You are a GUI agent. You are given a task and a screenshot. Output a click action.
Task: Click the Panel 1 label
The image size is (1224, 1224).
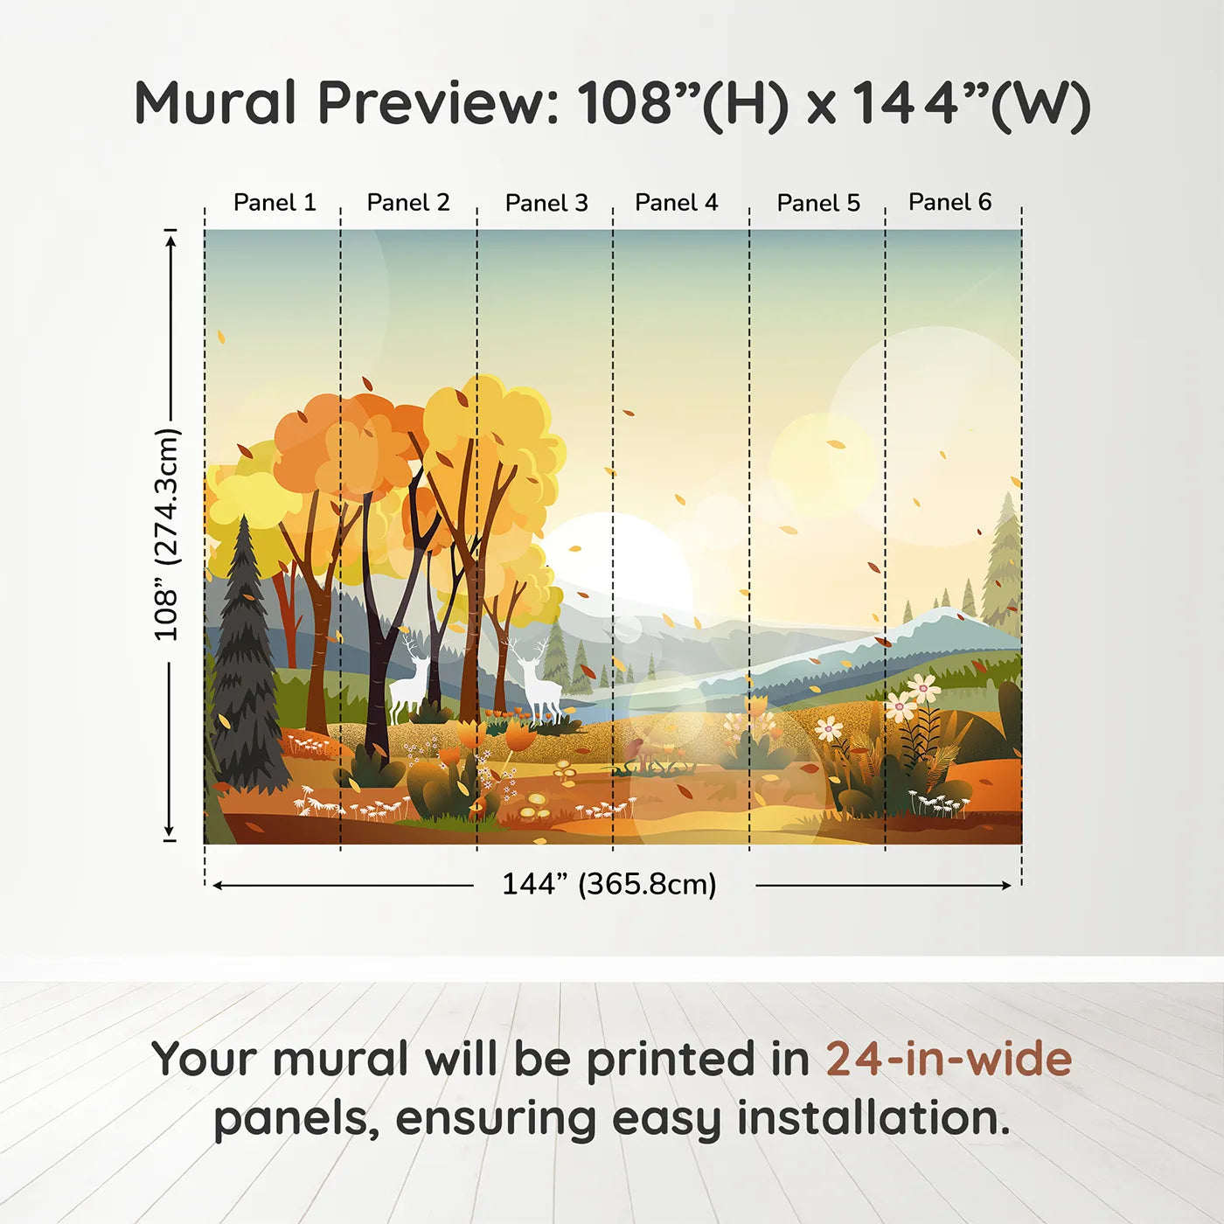click(x=275, y=203)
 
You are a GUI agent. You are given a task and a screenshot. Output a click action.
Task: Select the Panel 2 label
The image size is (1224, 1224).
click(x=408, y=203)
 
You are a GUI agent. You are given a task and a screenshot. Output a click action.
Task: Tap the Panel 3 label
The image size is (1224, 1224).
click(x=546, y=203)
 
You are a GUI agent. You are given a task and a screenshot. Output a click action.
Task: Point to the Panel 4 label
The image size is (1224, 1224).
click(x=677, y=203)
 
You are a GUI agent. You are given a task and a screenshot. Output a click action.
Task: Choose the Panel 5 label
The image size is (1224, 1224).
click(x=818, y=203)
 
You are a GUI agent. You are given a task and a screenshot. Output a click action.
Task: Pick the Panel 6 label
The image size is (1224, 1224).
click(x=949, y=203)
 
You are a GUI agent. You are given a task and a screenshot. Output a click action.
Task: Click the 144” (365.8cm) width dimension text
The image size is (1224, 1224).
click(x=609, y=885)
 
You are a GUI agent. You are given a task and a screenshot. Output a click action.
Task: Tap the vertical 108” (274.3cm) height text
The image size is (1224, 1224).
click(x=166, y=534)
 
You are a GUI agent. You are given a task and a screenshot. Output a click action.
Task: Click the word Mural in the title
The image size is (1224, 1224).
click(x=216, y=103)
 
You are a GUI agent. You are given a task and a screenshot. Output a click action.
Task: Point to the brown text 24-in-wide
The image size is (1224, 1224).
click(x=949, y=1060)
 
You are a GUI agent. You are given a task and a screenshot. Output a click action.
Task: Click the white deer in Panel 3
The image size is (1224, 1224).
click(x=535, y=682)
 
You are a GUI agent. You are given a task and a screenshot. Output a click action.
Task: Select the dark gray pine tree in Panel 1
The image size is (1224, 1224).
click(x=246, y=664)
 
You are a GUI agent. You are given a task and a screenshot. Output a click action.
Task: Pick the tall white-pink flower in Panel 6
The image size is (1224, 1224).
click(x=920, y=691)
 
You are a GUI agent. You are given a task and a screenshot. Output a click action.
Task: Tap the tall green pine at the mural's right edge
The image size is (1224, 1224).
click(x=1005, y=560)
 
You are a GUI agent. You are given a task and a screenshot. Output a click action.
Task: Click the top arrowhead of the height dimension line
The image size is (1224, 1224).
click(x=171, y=239)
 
